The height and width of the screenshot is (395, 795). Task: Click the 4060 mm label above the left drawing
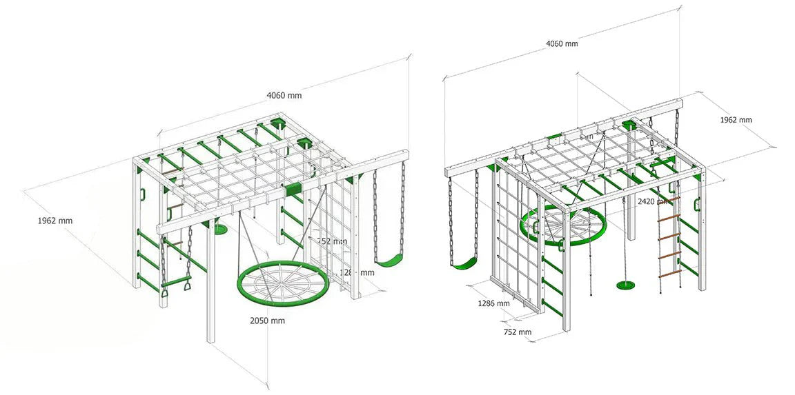tap(284, 95)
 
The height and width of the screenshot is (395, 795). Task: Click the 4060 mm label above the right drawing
tap(562, 43)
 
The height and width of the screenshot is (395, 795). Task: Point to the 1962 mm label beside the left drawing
tap(55, 221)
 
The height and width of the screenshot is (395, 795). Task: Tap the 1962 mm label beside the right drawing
tap(736, 119)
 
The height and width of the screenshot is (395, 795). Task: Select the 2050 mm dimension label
tap(268, 321)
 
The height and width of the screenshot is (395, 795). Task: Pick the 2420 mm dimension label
tap(652, 201)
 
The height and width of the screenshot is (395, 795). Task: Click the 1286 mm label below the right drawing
tap(493, 303)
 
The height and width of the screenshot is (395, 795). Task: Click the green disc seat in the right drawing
tap(626, 285)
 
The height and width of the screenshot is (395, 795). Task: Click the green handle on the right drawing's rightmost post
tap(698, 203)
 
